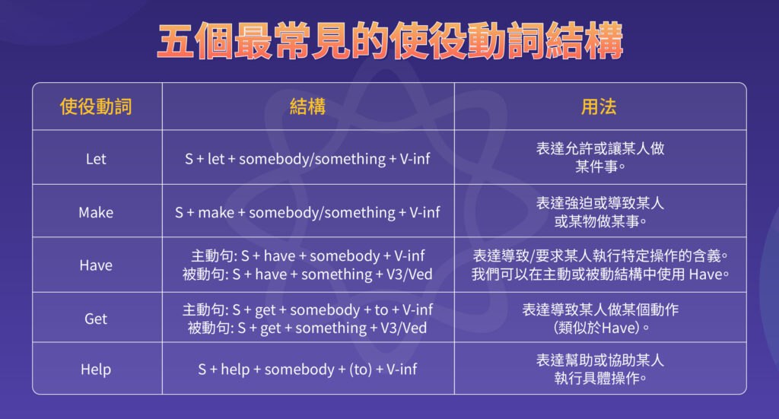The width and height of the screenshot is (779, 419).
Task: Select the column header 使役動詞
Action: [96, 106]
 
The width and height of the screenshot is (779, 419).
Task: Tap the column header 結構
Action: [308, 106]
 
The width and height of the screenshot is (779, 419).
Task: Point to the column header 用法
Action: [599, 106]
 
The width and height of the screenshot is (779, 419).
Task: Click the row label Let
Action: [96, 159]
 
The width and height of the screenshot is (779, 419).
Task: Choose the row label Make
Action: [96, 212]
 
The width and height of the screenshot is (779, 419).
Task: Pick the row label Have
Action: [96, 265]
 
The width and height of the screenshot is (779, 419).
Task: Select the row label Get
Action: [96, 319]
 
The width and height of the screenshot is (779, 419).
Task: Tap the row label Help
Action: [96, 370]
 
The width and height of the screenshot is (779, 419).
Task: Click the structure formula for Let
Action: [308, 159]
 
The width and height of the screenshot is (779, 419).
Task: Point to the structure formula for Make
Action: [308, 212]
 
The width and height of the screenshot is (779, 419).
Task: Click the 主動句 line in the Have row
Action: [308, 257]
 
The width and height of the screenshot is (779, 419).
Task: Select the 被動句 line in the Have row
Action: [308, 275]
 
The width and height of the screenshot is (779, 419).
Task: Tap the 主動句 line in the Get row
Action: [308, 310]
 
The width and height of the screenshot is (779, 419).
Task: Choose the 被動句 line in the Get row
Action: [308, 328]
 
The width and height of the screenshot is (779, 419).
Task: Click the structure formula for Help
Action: [308, 370]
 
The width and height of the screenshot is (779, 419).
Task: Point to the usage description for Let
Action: [599, 157]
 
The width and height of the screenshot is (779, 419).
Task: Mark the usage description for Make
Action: [599, 212]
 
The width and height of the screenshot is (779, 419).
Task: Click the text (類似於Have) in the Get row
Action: [600, 328]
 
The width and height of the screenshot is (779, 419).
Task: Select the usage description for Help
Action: [599, 369]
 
